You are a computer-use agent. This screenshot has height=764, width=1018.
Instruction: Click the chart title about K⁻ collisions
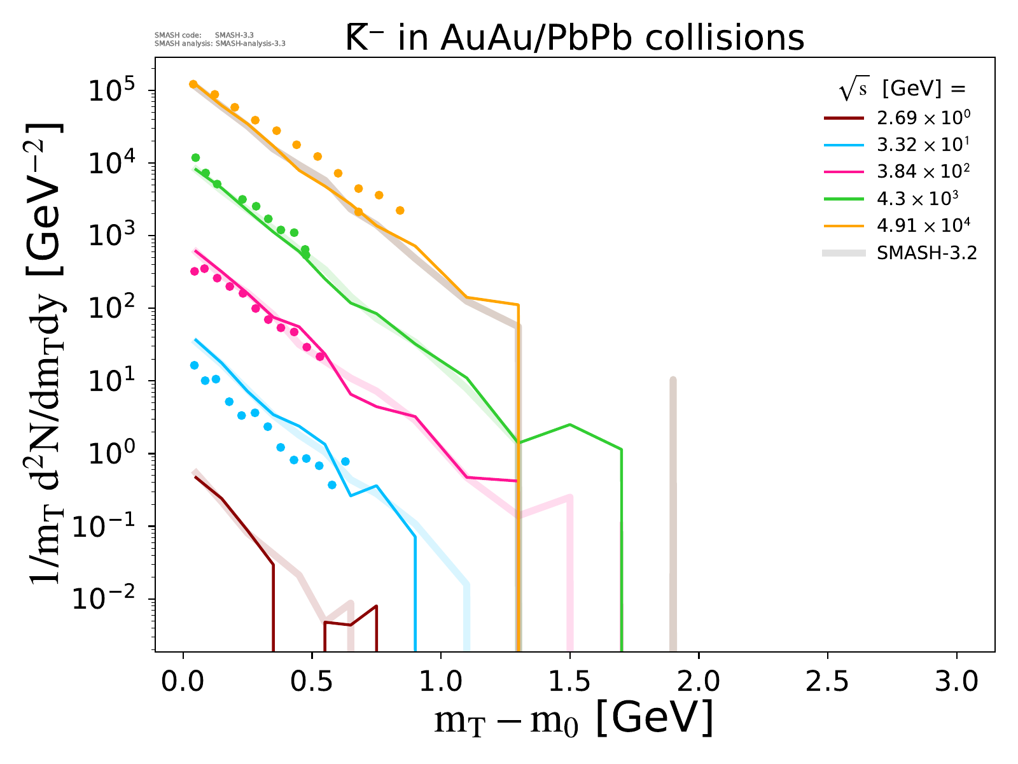coord(575,38)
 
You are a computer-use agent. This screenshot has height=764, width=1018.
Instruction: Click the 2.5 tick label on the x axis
coord(827,682)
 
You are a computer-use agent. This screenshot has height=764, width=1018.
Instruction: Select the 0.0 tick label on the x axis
coord(183,682)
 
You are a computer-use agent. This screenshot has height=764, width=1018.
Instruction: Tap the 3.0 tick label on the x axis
coord(956,682)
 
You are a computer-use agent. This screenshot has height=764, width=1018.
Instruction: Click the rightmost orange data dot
coord(400,210)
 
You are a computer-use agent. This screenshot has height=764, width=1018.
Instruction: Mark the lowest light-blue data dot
coord(331,485)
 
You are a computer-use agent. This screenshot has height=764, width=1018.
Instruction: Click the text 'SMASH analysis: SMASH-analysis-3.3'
coord(220,44)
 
